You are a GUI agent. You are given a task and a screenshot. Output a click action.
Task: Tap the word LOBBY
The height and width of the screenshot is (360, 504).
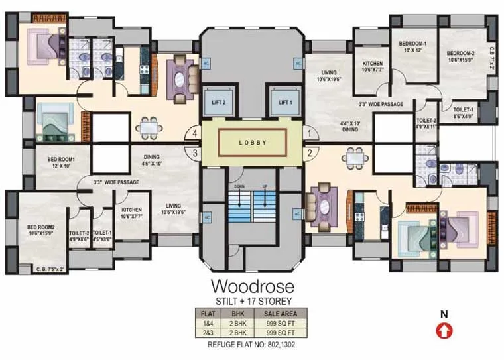pos(252,142)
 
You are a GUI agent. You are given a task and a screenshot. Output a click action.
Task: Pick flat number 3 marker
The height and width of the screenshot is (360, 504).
pos(195,154)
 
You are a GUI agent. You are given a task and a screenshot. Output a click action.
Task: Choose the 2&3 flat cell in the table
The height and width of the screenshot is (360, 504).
pos(208,332)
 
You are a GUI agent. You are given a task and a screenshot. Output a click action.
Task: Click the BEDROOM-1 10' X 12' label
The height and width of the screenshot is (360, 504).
pos(412,47)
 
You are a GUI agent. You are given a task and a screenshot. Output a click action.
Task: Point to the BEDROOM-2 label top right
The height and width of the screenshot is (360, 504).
pos(460,56)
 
